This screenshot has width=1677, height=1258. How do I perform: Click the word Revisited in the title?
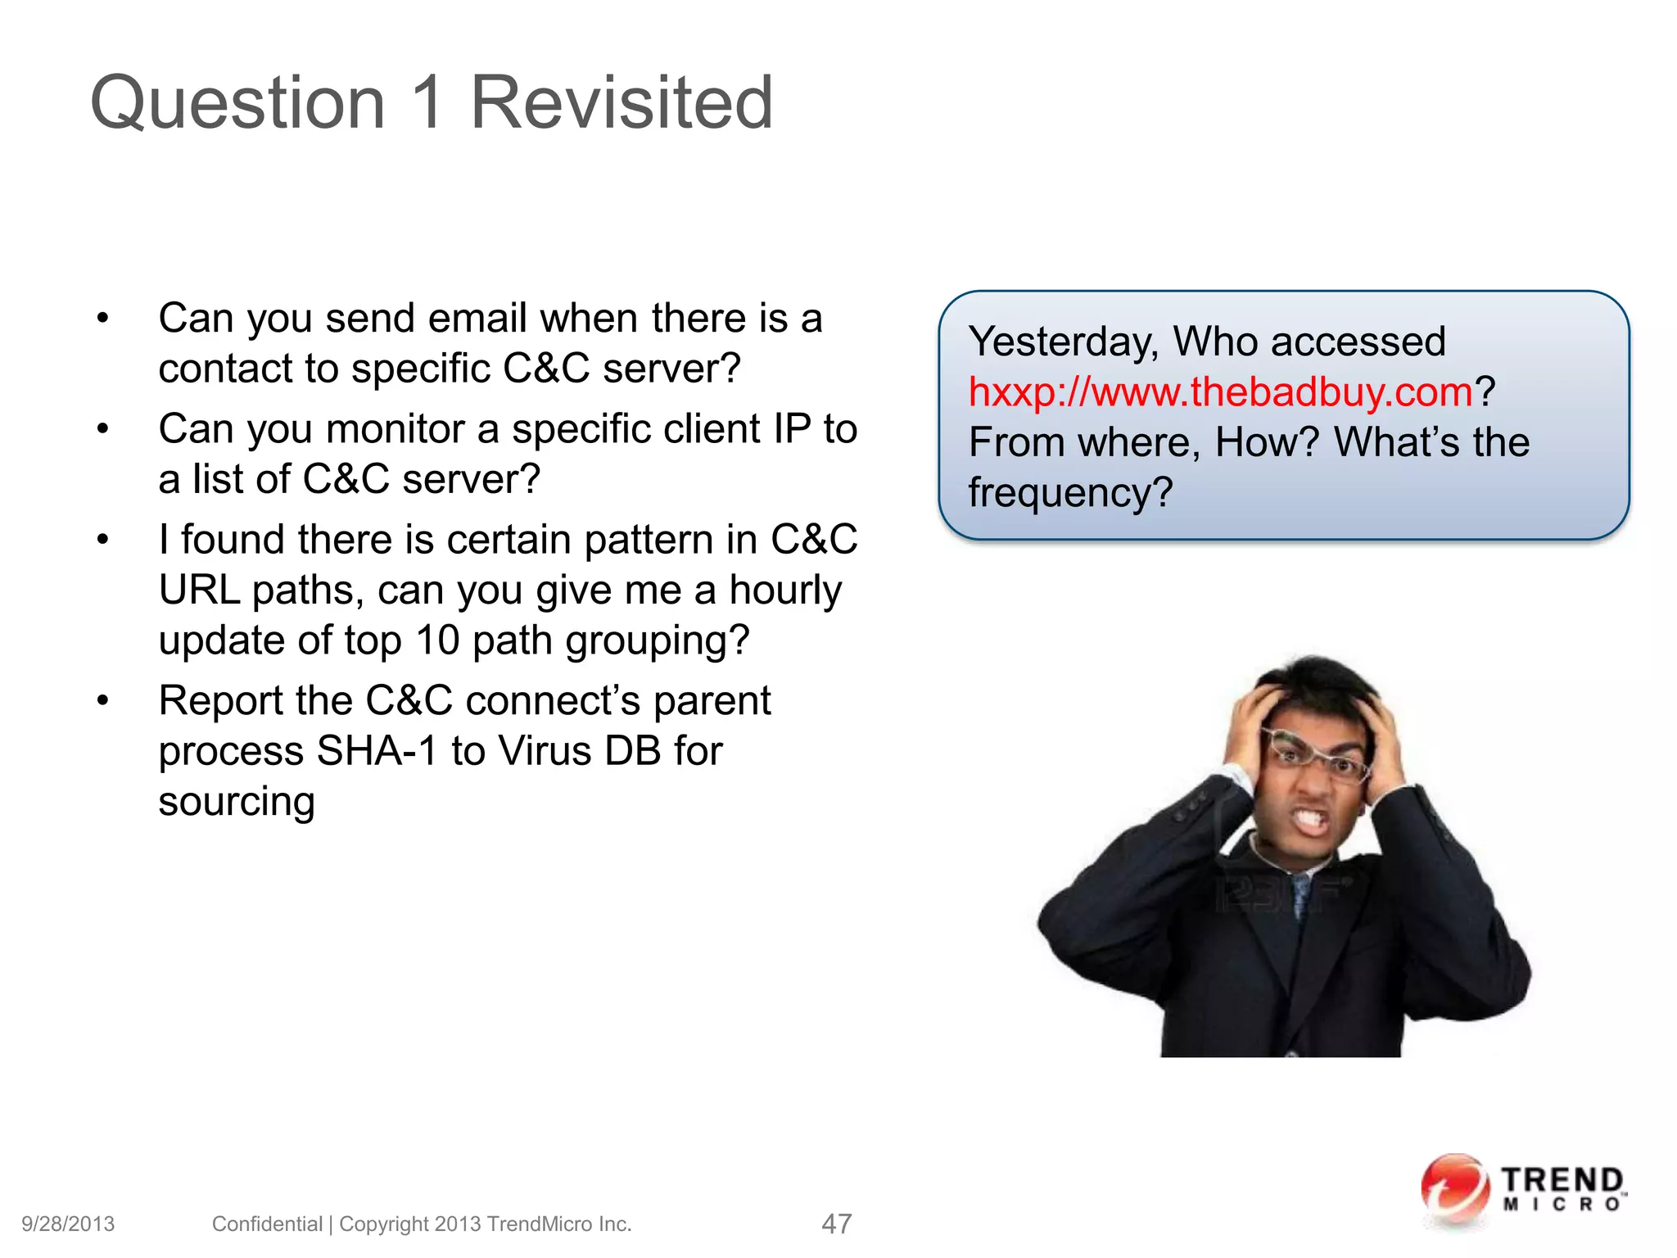[x=622, y=102]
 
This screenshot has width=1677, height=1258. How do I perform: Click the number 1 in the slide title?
[x=427, y=102]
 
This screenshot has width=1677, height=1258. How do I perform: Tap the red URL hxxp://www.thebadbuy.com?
[x=1220, y=392]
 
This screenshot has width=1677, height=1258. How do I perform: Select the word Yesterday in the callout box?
[x=1063, y=342]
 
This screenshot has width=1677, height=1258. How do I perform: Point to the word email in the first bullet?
[x=476, y=319]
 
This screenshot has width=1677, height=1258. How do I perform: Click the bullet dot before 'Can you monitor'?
[x=102, y=429]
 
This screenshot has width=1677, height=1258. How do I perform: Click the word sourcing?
[x=237, y=802]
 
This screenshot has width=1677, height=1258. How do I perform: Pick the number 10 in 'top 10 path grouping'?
[x=437, y=640]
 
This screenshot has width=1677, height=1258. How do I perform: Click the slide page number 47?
[x=836, y=1224]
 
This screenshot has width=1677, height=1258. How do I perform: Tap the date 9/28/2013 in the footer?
[x=68, y=1224]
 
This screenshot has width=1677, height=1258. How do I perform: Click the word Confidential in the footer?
[x=267, y=1224]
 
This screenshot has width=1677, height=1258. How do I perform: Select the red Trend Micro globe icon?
[x=1454, y=1189]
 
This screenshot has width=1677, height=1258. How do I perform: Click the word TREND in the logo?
[x=1562, y=1181]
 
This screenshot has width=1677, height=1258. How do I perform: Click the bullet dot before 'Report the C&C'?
[x=102, y=701]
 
